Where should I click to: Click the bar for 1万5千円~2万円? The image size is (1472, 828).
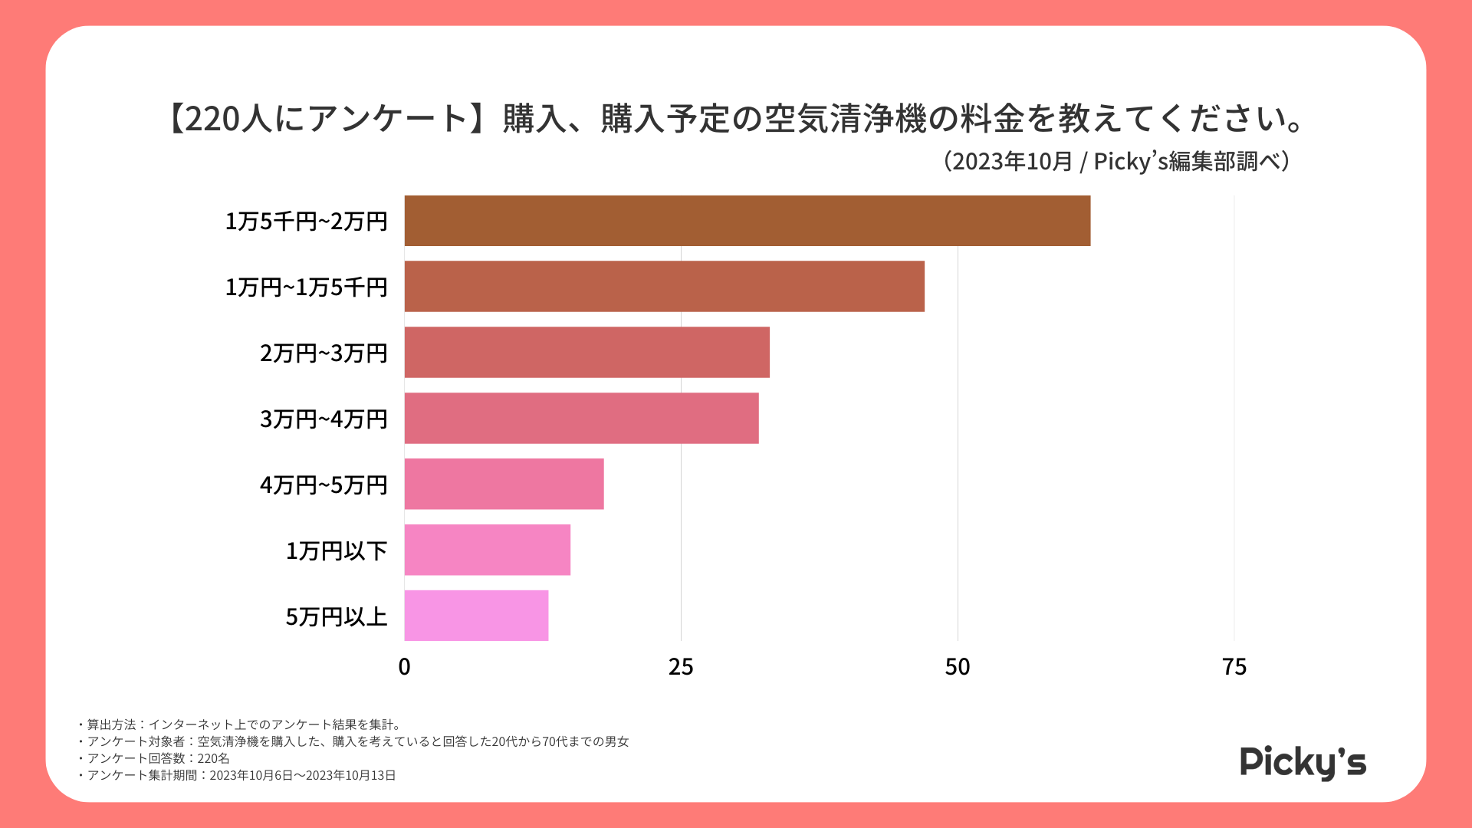point(747,221)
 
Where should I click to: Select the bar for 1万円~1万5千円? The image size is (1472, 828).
point(664,286)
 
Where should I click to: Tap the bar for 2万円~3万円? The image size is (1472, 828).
point(586,352)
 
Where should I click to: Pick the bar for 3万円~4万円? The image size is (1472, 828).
point(581,418)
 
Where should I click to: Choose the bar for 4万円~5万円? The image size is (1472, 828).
point(504,484)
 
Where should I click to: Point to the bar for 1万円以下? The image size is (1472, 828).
point(487,550)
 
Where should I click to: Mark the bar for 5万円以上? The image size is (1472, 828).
point(476,616)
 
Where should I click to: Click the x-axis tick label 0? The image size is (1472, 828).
point(404,667)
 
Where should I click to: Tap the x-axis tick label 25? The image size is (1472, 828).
point(681,667)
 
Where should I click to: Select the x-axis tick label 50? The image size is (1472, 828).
point(958,667)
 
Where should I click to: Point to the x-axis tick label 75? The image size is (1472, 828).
point(1234,667)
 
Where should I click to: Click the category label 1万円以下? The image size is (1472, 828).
point(337,550)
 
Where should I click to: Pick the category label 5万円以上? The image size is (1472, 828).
point(337,616)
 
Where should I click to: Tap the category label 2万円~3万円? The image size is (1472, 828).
point(324,353)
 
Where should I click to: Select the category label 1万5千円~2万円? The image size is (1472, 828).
point(306,221)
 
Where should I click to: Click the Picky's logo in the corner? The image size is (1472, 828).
point(1303,762)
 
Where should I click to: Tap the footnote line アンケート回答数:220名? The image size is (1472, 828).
point(158,758)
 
